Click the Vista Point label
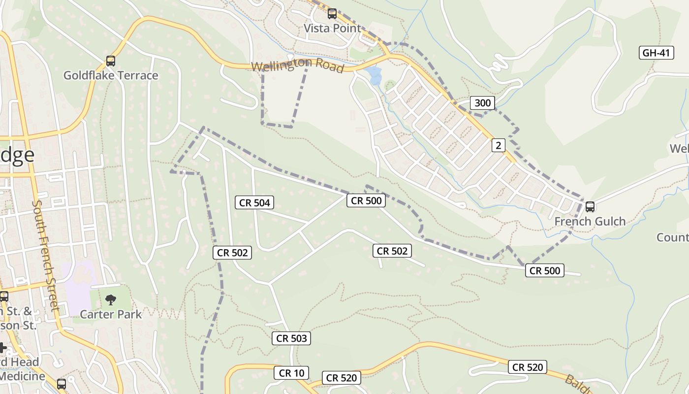(x=332, y=28)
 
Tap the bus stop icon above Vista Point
(x=332, y=13)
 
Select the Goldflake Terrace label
(x=111, y=75)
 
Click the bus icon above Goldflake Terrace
(x=111, y=61)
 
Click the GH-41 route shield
(x=657, y=53)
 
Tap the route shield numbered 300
(x=482, y=102)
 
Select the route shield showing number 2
(x=499, y=145)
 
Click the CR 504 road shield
(x=254, y=202)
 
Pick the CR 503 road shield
(x=291, y=338)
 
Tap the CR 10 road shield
(x=291, y=373)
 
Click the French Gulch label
(x=590, y=221)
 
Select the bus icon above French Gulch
(x=590, y=207)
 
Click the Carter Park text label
(x=111, y=314)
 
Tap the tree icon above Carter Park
(x=111, y=299)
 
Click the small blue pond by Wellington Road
(x=375, y=75)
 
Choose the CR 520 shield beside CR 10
(x=342, y=378)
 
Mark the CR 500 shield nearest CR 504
(x=366, y=200)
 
